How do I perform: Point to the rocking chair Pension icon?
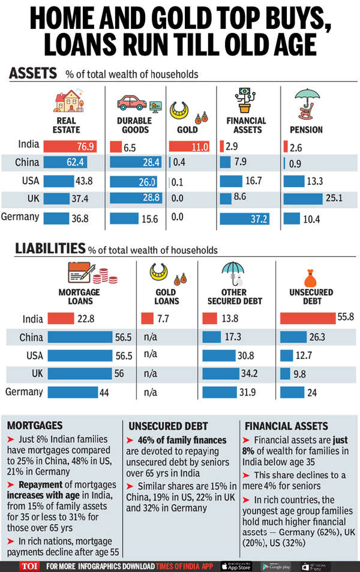pyautogui.click(x=307, y=103)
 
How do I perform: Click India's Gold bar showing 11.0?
pyautogui.click(x=189, y=146)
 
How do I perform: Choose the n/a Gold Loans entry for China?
pyautogui.click(x=151, y=337)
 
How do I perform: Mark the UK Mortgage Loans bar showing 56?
pyautogui.click(x=80, y=374)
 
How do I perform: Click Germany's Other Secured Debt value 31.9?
pyautogui.click(x=246, y=393)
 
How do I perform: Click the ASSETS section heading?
pyautogui.click(x=33, y=74)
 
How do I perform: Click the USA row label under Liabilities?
pyautogui.click(x=35, y=355)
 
